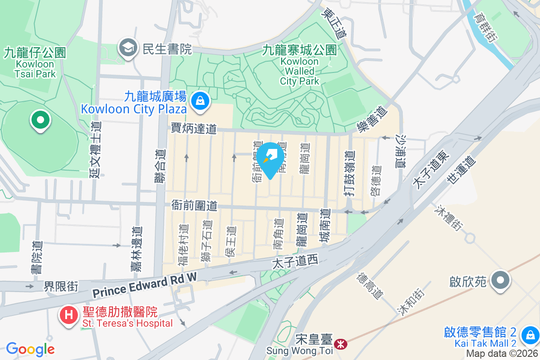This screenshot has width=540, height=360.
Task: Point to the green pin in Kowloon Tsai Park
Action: (40, 121)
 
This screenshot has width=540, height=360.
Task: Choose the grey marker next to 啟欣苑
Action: (500, 281)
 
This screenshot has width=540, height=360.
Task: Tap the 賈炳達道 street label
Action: (194, 129)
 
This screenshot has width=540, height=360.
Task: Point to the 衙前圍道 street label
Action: (194, 206)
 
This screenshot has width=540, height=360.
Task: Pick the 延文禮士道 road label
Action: (95, 149)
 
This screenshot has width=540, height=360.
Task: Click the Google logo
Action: (30, 349)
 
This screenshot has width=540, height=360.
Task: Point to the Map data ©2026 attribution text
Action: (501, 354)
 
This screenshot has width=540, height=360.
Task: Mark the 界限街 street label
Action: (61, 286)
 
